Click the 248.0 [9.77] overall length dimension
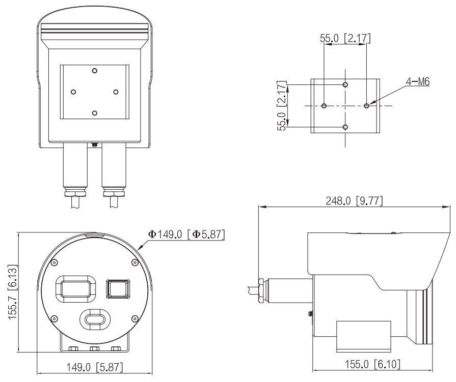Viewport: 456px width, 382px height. (354, 201)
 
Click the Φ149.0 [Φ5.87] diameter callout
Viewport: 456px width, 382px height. (186, 234)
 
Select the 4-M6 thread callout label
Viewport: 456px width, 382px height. (417, 81)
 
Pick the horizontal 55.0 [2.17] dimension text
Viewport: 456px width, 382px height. (345, 38)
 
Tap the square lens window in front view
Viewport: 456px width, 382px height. (117, 289)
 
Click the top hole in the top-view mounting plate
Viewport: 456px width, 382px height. (95, 71)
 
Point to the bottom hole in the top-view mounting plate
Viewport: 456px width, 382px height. (95, 112)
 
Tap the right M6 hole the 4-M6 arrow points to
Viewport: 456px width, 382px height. (366, 106)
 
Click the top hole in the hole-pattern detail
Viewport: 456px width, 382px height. (345, 84)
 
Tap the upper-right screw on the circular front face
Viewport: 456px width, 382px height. (134, 262)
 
